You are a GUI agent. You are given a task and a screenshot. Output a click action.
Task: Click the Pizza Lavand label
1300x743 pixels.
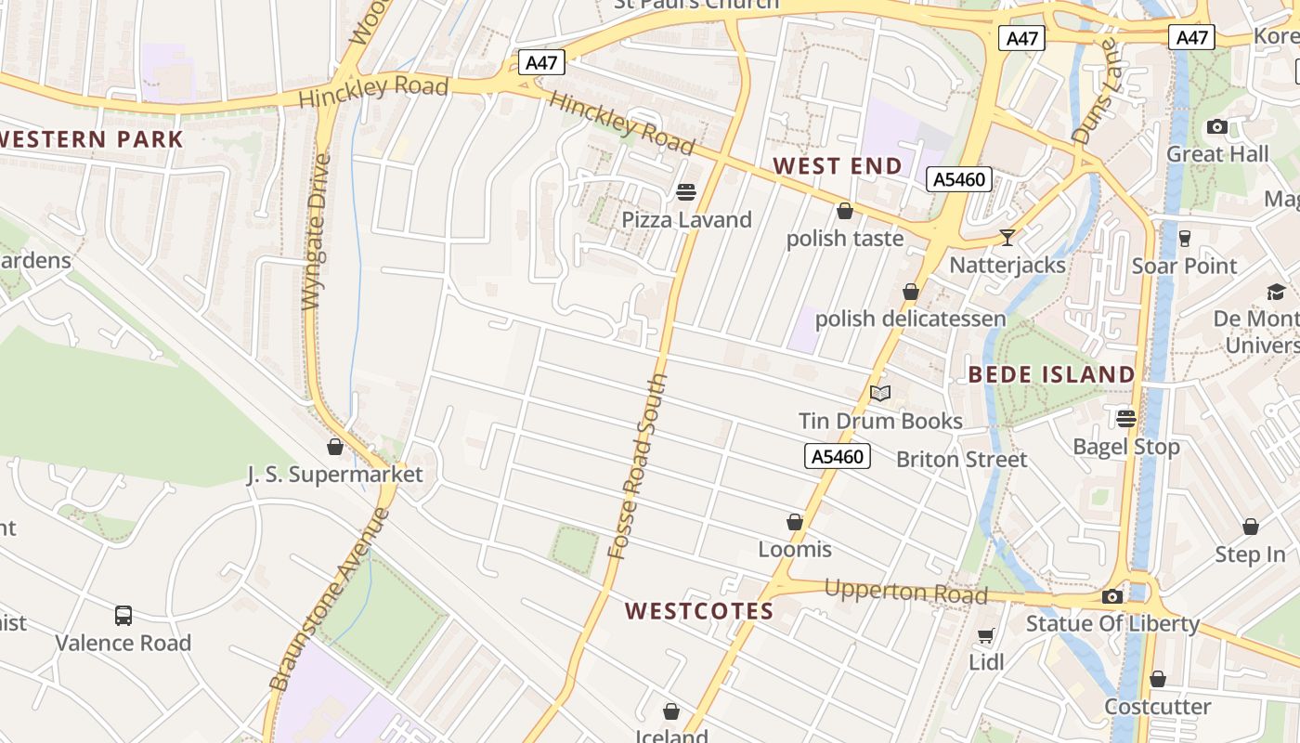(686, 220)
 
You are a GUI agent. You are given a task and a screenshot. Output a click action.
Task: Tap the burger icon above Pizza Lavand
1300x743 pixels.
(686, 192)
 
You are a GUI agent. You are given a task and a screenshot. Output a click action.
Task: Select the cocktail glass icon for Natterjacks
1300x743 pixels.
(1007, 238)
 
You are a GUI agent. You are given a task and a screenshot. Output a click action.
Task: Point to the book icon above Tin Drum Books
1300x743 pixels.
(880, 394)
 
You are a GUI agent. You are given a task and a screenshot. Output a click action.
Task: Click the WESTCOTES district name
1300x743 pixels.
(699, 611)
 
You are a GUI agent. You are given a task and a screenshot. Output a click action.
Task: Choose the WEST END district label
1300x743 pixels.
(838, 166)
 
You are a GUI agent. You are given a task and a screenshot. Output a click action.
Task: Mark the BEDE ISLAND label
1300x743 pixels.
(1051, 375)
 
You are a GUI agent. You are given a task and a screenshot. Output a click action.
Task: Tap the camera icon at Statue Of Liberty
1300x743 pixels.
(1112, 596)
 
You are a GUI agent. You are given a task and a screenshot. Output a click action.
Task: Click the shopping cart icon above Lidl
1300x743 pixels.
(985, 636)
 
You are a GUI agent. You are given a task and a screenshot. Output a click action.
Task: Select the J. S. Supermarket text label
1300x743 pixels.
(334, 475)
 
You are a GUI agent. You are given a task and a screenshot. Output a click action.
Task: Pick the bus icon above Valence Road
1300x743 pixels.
(123, 615)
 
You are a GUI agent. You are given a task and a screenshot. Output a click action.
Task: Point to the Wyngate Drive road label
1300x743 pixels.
(317, 231)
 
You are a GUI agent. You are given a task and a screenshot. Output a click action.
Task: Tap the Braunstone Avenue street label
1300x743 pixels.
(331, 598)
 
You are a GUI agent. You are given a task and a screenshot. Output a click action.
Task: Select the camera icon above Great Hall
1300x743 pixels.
(1216, 127)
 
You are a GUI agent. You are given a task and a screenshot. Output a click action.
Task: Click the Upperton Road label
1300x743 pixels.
(905, 592)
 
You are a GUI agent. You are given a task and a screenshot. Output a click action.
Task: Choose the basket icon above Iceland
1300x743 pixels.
(671, 711)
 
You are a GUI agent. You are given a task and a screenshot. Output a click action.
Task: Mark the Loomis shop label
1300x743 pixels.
(795, 549)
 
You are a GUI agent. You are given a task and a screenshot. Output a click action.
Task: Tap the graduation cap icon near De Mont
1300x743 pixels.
(1277, 293)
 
